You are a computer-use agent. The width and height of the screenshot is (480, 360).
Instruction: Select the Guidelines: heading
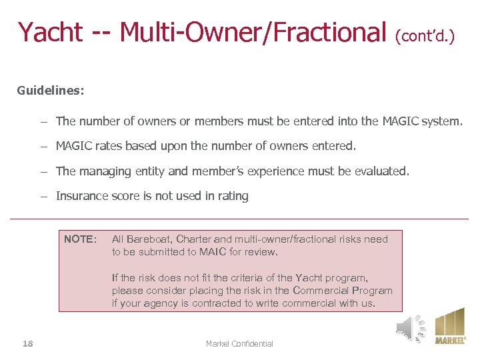coord(51,90)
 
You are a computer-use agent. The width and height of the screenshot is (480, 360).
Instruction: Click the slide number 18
coord(27,343)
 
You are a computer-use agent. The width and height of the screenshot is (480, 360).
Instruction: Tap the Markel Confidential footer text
coord(239,343)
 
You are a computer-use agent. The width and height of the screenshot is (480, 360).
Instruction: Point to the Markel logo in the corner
coord(450,326)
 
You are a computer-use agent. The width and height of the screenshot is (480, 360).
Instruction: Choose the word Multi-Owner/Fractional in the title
coord(253,32)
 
